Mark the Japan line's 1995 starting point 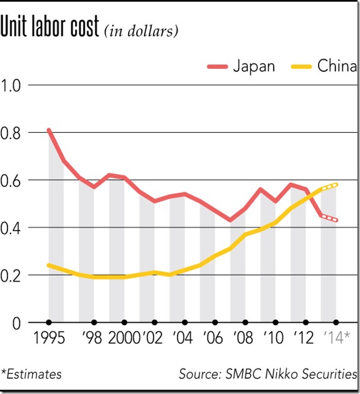pyautogui.click(x=48, y=130)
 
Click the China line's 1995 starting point pyautogui.click(x=48, y=265)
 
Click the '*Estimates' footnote pyautogui.click(x=32, y=375)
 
